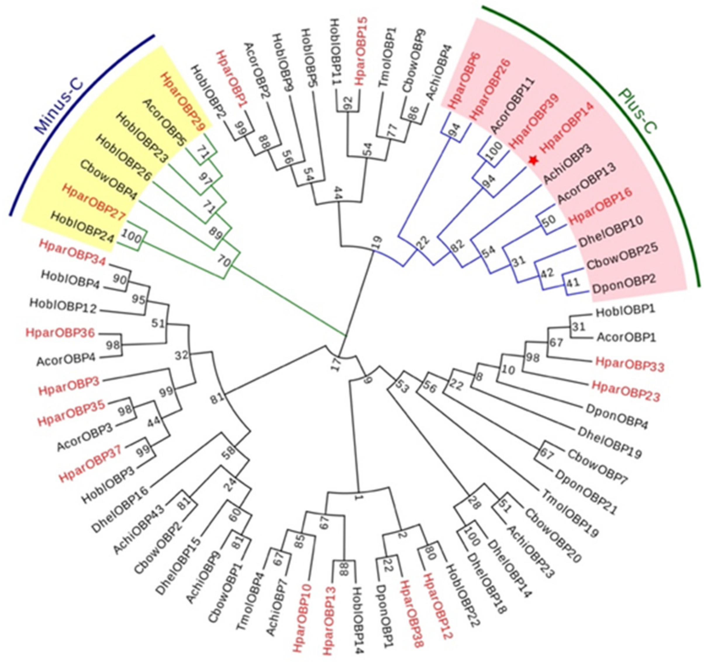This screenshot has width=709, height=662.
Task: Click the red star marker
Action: pyautogui.click(x=533, y=161)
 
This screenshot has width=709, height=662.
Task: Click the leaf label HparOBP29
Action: pyautogui.click(x=184, y=102)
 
